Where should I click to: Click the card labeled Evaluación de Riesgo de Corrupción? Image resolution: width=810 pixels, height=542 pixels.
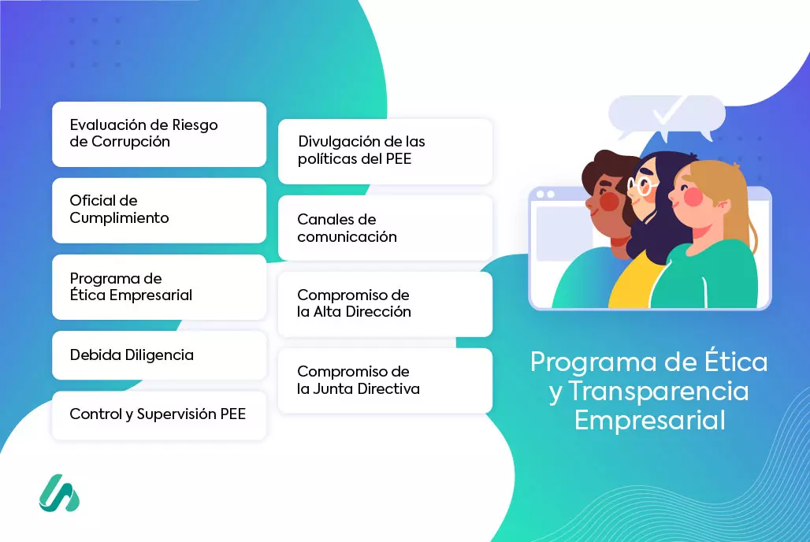[159, 135]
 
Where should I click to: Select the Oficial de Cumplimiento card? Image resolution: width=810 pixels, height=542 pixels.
[159, 210]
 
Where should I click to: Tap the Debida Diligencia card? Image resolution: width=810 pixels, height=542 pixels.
[159, 355]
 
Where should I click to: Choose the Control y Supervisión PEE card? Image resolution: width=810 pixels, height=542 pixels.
[159, 415]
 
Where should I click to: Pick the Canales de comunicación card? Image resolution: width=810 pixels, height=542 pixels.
[385, 228]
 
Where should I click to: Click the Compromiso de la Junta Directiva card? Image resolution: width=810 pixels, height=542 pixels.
[385, 381]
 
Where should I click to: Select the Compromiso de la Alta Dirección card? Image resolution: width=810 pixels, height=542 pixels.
[385, 304]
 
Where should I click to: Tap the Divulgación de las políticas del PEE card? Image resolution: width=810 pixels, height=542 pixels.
[385, 151]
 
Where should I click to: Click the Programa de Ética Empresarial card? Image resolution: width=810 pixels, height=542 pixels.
[159, 287]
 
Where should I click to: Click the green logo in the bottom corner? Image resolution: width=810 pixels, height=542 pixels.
[59, 493]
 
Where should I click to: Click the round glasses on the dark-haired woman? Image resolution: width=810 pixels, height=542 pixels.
[641, 186]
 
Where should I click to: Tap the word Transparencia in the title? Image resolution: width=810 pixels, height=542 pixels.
[659, 391]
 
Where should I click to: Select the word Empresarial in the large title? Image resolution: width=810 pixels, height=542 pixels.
[650, 420]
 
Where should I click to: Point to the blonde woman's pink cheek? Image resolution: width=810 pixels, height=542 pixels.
[693, 196]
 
